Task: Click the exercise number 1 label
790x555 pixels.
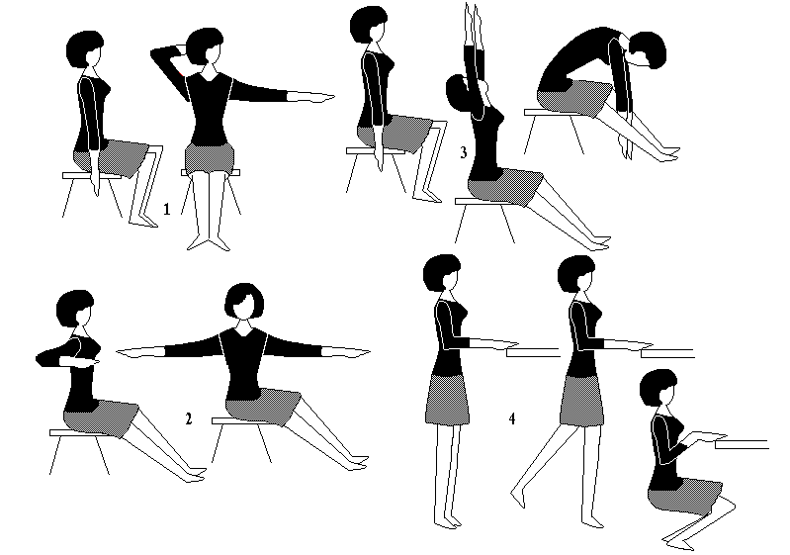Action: [167, 208]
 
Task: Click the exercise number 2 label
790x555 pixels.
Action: [189, 418]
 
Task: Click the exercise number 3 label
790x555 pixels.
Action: [463, 151]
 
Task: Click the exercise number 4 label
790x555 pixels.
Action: [512, 418]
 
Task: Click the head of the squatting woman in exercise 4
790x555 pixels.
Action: [658, 388]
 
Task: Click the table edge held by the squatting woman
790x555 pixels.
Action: [742, 444]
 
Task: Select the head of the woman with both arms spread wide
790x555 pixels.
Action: [244, 302]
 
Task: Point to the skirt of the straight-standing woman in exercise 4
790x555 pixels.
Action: [445, 400]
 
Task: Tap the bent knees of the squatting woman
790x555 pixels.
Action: [726, 505]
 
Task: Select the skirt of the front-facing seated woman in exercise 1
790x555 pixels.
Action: [209, 157]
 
